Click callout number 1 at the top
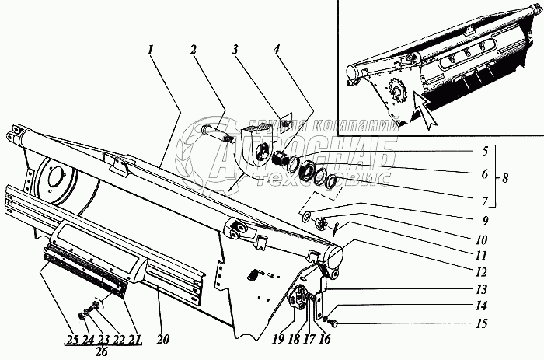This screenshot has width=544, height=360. click(x=152, y=48)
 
